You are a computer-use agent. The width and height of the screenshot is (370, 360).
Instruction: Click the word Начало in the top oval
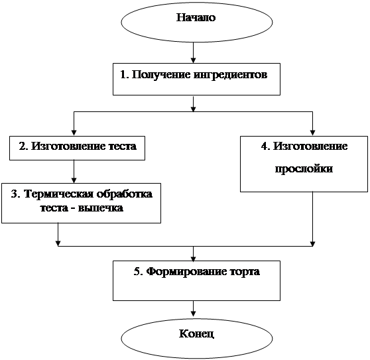coord(196,18)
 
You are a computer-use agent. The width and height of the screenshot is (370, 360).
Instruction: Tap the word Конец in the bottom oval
coord(196,334)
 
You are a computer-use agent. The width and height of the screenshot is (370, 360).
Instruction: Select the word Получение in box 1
coord(161,75)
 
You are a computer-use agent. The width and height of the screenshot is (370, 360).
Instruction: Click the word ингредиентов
coord(231,75)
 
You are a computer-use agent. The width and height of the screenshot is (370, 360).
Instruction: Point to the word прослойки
coord(304,169)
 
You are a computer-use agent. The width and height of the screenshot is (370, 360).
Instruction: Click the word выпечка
coord(101,208)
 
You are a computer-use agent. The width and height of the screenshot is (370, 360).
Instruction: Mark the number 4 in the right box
coord(265,147)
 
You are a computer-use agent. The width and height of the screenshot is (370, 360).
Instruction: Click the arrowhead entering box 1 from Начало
coord(193,60)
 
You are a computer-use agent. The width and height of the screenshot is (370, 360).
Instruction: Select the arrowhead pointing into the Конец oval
coord(193,313)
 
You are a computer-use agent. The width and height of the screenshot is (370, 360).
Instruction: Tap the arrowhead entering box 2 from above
coord(74,133)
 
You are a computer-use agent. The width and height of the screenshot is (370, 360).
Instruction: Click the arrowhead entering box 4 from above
coord(313,133)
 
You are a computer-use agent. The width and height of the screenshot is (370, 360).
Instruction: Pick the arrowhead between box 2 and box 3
coord(74,180)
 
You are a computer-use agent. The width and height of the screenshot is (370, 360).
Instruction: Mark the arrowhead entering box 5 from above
coord(193,259)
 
